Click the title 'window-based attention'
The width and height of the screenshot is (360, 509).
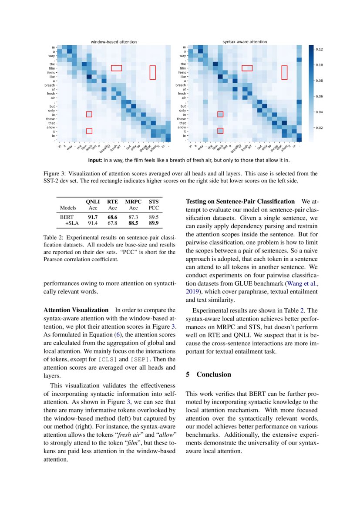pyautogui.click(x=114, y=42)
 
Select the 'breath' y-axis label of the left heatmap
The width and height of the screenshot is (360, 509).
pyautogui.click(x=50, y=85)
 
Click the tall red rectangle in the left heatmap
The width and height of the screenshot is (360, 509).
pyautogui.click(x=152, y=72)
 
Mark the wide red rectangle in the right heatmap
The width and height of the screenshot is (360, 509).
pyautogui.click(x=247, y=68)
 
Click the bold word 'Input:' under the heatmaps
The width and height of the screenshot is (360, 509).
pyautogui.click(x=95, y=160)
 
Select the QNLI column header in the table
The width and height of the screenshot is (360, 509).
pyautogui.click(x=93, y=202)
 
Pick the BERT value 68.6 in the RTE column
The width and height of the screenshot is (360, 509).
pyautogui.click(x=112, y=216)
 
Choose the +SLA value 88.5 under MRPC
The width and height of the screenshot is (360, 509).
pyautogui.click(x=133, y=223)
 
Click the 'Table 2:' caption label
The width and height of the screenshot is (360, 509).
pyautogui.click(x=54, y=238)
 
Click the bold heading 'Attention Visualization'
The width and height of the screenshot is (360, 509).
pyautogui.click(x=76, y=310)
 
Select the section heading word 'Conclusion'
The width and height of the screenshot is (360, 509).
pyautogui.click(x=214, y=374)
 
